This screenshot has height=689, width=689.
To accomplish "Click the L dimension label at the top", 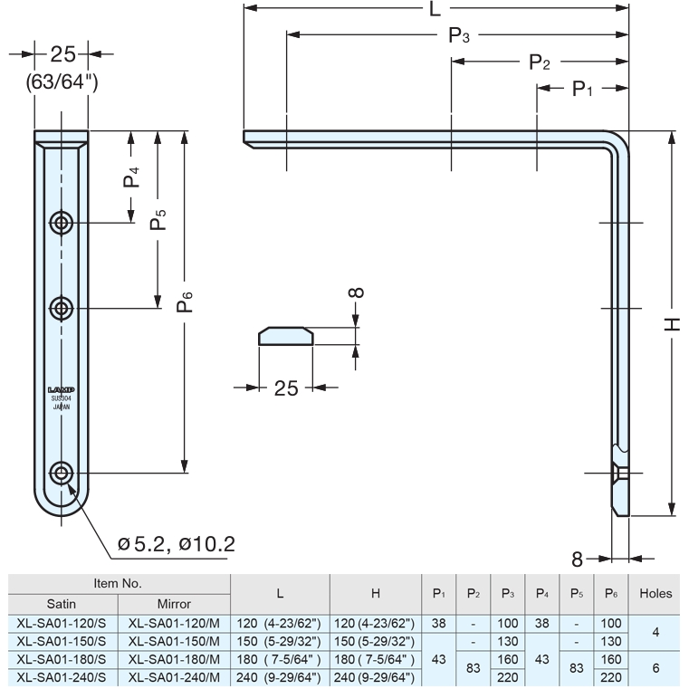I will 435,10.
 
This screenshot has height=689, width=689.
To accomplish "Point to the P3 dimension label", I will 459,36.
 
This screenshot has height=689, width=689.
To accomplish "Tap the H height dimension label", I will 675,324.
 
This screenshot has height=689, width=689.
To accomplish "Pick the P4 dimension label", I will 132,177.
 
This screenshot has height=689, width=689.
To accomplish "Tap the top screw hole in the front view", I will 62,222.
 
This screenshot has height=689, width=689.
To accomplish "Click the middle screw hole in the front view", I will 62,309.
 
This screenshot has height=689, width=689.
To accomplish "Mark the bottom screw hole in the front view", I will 62,473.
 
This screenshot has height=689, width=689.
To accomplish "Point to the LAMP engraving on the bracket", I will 61,390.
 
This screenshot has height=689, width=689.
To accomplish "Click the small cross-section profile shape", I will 286,337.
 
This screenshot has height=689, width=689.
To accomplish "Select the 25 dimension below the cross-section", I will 286,388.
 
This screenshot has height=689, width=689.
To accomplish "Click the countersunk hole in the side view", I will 621,473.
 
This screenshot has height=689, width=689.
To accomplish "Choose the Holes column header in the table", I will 655,594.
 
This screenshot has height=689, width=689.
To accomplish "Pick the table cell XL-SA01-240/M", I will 174,677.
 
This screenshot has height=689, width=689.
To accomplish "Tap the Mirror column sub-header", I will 174,603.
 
